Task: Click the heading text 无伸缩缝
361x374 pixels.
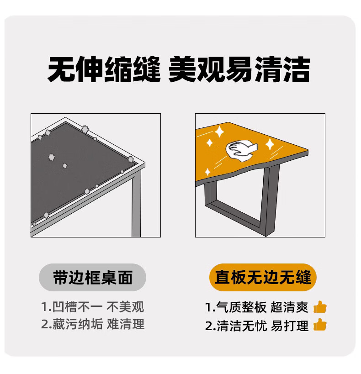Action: click(104, 69)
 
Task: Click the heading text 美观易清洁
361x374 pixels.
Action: click(239, 69)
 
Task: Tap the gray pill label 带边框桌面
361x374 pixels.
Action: click(92, 277)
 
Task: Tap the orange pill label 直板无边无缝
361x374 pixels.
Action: click(263, 277)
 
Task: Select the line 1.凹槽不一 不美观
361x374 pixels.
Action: click(93, 307)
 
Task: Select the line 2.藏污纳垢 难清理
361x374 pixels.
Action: click(93, 324)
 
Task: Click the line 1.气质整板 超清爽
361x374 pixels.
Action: click(257, 307)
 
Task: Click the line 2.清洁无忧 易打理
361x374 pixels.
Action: click(257, 325)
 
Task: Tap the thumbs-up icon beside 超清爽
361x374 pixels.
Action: click(320, 307)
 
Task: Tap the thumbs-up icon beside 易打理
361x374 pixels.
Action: click(320, 324)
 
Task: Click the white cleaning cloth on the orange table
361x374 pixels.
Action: click(241, 151)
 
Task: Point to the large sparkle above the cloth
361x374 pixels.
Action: click(219, 132)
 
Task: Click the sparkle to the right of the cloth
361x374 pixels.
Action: click(270, 144)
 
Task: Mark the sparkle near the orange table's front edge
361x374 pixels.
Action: click(208, 172)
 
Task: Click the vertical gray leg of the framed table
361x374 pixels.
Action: click(136, 203)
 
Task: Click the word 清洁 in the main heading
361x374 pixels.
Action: click(282, 69)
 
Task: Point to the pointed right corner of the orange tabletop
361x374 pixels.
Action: click(308, 150)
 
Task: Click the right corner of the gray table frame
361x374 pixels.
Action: click(145, 164)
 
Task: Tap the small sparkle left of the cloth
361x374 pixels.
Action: click(209, 143)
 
